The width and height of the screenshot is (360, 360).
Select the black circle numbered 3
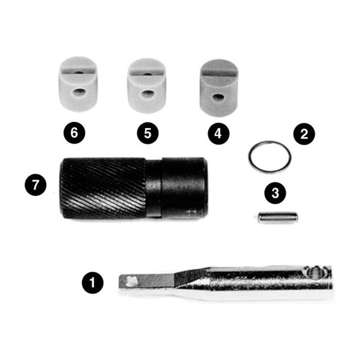(275, 191)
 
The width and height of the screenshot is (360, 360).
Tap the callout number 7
(35, 185)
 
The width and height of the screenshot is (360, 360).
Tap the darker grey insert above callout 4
(219, 88)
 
